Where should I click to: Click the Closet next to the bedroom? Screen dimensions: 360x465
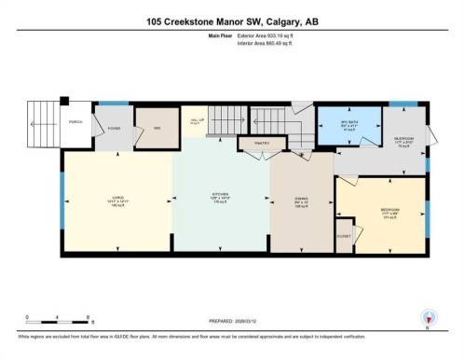[344, 236]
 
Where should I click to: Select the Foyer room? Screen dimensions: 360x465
[114, 129]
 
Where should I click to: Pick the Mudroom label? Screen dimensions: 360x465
[405, 141]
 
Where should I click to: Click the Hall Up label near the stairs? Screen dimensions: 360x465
[195, 120]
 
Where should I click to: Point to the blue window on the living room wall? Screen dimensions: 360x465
[62, 200]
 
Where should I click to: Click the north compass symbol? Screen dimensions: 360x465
[428, 316]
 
